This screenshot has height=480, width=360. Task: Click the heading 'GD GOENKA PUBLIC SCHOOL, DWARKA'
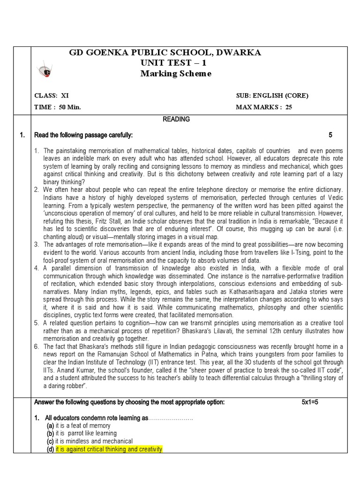click(x=165, y=52)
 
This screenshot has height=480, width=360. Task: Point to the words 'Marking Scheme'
click(x=176, y=74)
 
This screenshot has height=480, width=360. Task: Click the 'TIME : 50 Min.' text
click(x=58, y=107)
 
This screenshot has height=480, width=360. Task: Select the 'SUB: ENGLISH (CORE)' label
click(x=272, y=96)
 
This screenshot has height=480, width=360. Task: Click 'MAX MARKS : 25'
click(x=264, y=107)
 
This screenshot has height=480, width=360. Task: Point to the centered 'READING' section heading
click(x=176, y=120)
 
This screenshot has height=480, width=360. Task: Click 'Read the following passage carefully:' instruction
click(x=83, y=135)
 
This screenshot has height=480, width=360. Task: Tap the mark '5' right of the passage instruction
click(x=330, y=135)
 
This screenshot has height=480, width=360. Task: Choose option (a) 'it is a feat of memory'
click(x=83, y=426)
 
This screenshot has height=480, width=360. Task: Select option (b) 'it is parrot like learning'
click(x=86, y=434)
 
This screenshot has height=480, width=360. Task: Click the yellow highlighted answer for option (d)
click(x=109, y=450)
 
